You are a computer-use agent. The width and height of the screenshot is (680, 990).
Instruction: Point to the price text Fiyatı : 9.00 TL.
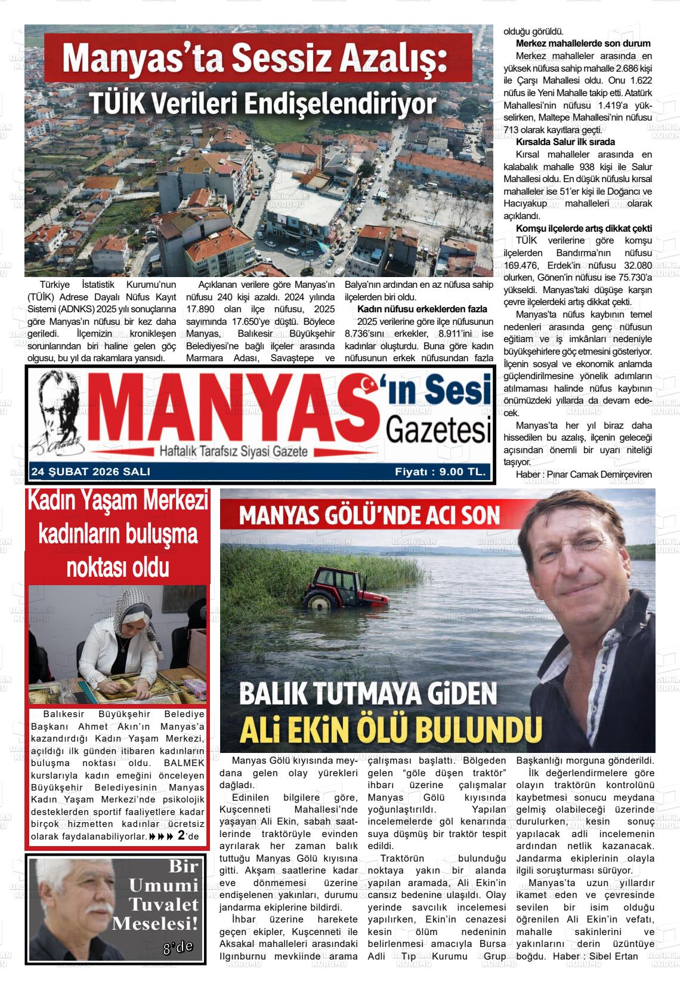[440, 472]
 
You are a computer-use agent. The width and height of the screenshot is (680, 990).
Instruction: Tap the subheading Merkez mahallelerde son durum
[583, 44]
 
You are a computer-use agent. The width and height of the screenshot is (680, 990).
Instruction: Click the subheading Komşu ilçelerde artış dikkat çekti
[583, 229]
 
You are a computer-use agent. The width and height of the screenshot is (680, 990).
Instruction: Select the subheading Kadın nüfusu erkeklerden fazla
[422, 309]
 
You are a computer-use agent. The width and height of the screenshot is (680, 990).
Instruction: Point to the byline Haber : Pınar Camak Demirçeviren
[584, 475]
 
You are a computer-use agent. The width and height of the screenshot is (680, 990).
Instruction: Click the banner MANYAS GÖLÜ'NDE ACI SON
[369, 515]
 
